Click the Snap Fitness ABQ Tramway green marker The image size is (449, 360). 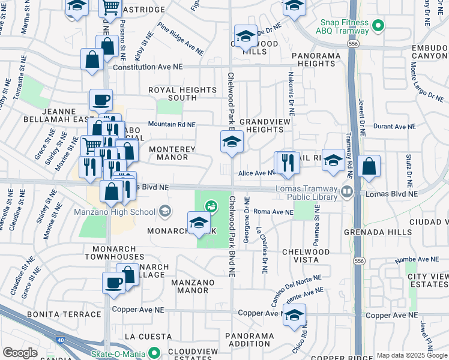pyautogui.click(x=378, y=25)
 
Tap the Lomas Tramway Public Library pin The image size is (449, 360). pyautogui.click(x=346, y=192)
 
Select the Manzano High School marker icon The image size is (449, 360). pyautogui.click(x=164, y=211)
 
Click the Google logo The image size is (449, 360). pyautogui.click(x=20, y=353)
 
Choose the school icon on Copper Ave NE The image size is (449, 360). pyautogui.click(x=294, y=314)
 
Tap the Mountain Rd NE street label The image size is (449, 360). pyautogui.click(x=172, y=124)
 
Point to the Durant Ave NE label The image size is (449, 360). pyautogui.click(x=394, y=127)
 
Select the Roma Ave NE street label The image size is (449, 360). pyautogui.click(x=273, y=212)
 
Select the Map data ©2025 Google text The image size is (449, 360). pyautogui.click(x=411, y=355)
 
